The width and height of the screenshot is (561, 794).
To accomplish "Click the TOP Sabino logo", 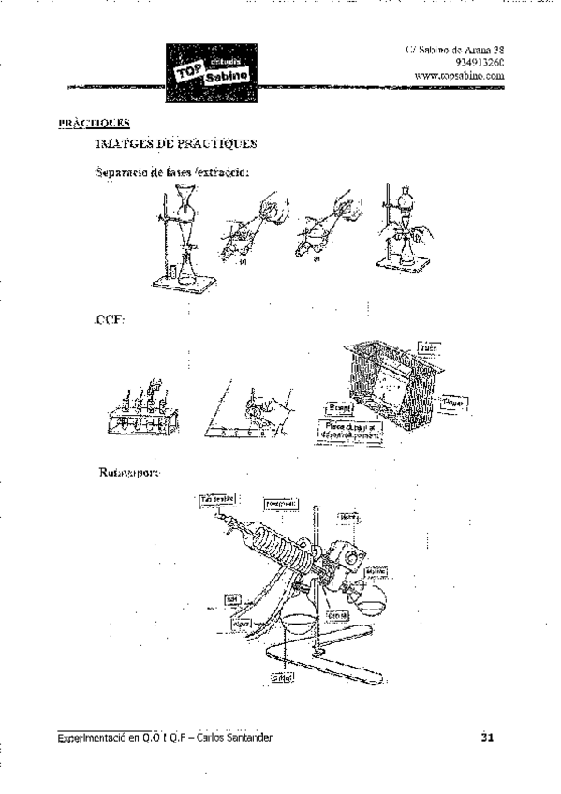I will point(211,73).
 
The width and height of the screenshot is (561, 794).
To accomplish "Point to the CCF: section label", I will point(111,320).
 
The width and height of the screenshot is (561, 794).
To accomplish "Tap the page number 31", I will point(487,738).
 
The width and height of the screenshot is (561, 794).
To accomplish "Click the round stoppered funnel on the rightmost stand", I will point(405,202).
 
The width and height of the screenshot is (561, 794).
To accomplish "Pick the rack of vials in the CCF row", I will point(140,412).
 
